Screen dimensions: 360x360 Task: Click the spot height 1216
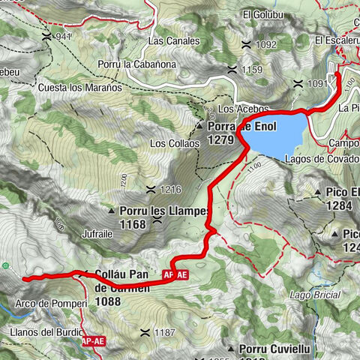169,190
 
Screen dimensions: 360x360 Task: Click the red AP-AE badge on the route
173,276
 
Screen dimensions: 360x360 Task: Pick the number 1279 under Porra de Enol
221,139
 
